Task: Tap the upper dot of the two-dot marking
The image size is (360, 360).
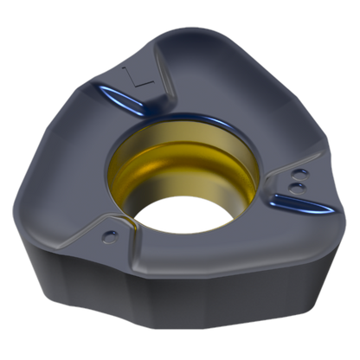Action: tap(300, 175)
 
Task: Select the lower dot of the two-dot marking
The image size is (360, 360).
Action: tap(297, 188)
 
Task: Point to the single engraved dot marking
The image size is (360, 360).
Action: tap(110, 236)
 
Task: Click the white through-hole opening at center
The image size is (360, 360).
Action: tap(183, 215)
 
